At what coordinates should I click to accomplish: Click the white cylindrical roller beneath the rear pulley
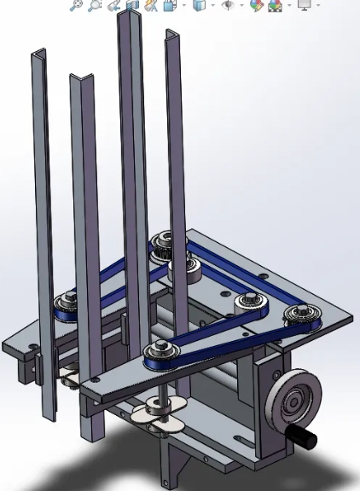(x=185, y=271)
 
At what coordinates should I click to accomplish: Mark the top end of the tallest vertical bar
(x=129, y=17)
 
